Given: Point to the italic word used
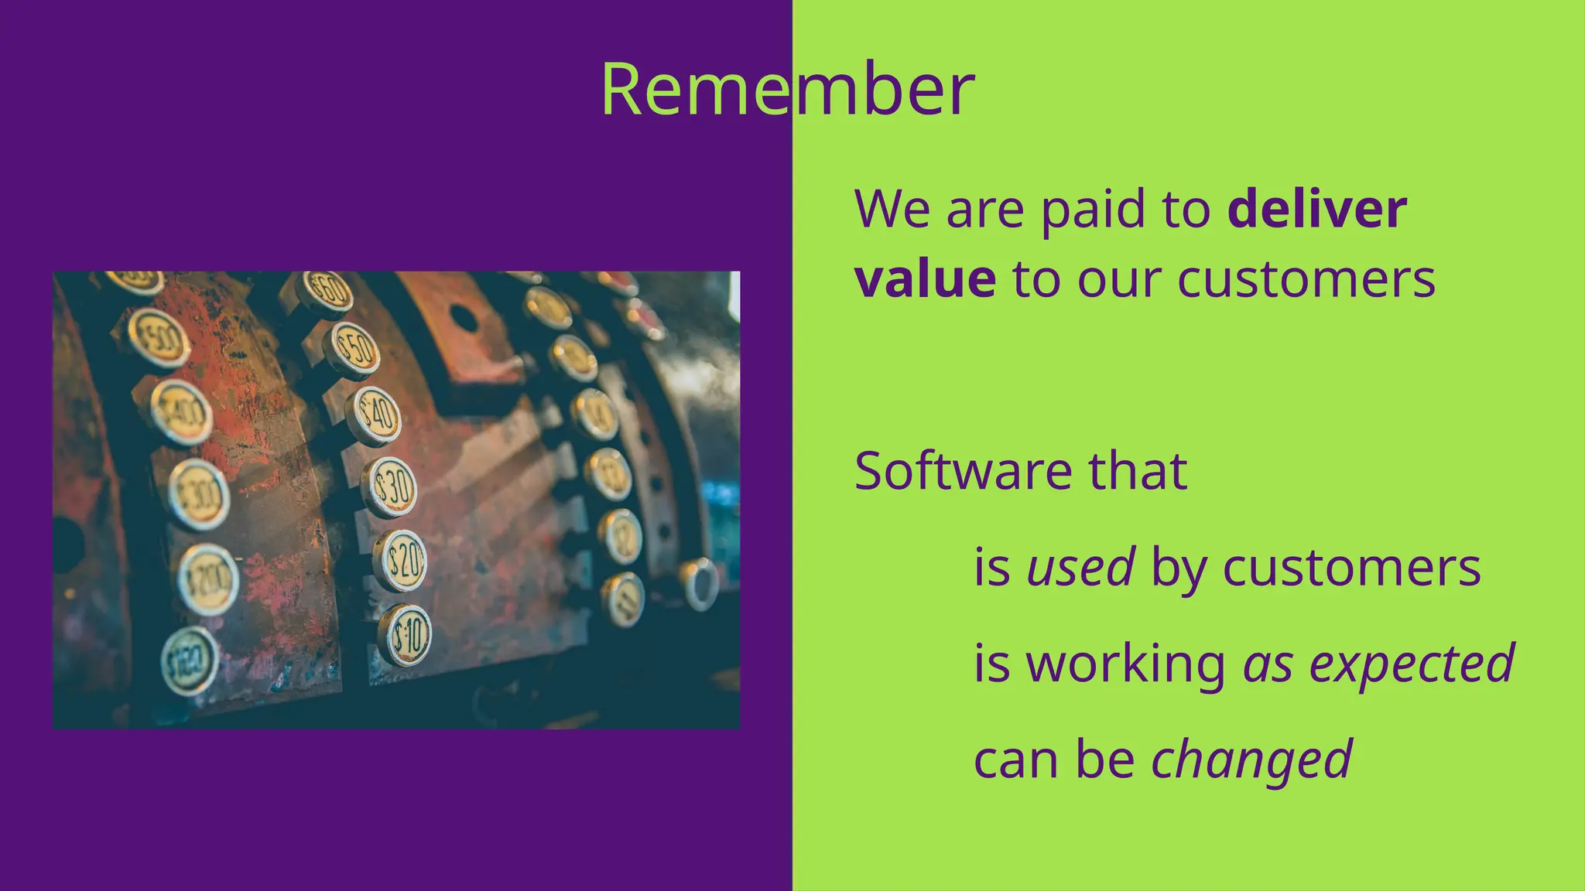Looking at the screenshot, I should click(x=1080, y=567).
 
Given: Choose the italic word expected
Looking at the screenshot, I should click(x=1412, y=664).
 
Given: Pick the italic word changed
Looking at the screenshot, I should click(x=1251, y=760).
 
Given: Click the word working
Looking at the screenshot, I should click(x=1126, y=664).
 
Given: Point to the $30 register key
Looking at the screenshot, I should click(x=391, y=487).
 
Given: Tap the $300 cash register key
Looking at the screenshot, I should click(x=200, y=493).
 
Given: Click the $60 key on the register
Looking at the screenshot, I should click(x=327, y=291).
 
